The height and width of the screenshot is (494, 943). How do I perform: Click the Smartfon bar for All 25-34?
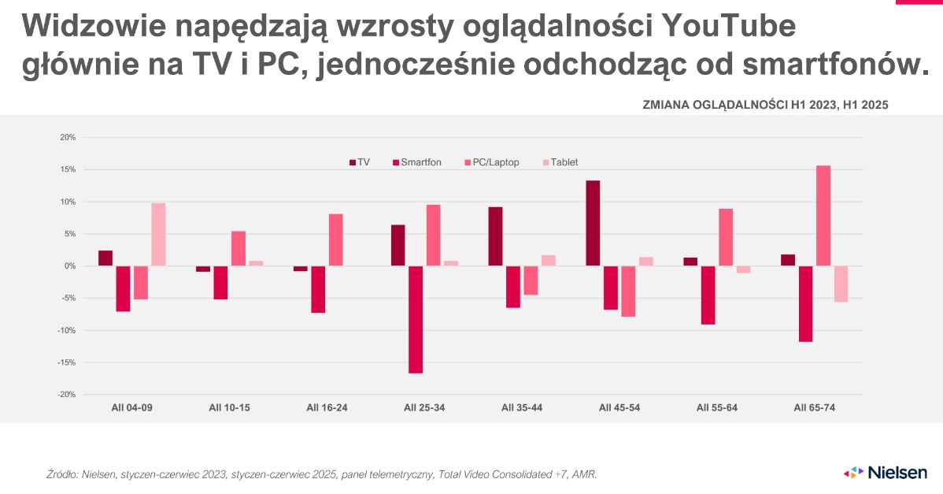416,319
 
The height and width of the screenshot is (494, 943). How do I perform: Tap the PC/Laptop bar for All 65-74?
823,216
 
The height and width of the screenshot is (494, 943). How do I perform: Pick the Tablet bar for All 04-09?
158,234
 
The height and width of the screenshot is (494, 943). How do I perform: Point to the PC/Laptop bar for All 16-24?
335,240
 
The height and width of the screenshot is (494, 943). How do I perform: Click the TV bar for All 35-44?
495,236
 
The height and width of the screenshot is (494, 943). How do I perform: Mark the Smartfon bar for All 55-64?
708,295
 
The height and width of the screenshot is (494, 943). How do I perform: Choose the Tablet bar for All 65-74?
841,284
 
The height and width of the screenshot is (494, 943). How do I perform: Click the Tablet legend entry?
560,162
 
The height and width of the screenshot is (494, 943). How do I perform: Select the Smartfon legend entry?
416,162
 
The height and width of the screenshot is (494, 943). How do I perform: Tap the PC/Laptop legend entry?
492,162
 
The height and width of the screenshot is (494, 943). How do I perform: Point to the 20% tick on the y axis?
68,137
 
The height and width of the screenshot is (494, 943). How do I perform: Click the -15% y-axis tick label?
66,362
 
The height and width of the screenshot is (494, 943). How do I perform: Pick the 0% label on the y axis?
69,266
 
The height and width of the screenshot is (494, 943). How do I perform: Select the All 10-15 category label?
229,407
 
